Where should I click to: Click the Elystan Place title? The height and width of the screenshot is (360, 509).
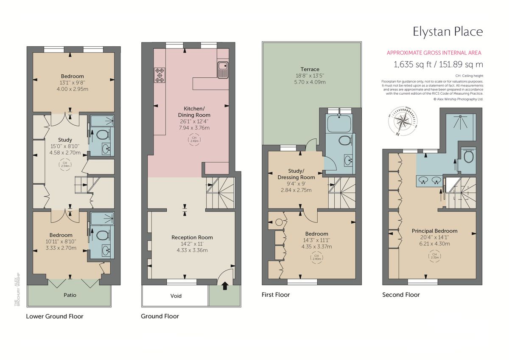pyautogui.click(x=448, y=31)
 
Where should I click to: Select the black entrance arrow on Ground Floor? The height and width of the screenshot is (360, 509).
pyautogui.click(x=224, y=287)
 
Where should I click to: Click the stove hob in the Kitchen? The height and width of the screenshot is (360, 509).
pyautogui.click(x=160, y=75)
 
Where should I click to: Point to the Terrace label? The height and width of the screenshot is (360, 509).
pyautogui.click(x=310, y=69)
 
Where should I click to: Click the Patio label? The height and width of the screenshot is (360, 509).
pyautogui.click(x=70, y=295)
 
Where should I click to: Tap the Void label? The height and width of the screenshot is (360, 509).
pyautogui.click(x=176, y=296)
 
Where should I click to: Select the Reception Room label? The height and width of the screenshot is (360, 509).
pyautogui.click(x=192, y=237)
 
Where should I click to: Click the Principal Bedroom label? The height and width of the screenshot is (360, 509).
pyautogui.click(x=434, y=231)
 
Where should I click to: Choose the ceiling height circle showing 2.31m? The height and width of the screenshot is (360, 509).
pyautogui.click(x=434, y=256)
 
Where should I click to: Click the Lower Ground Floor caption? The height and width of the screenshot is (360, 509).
pyautogui.click(x=55, y=316)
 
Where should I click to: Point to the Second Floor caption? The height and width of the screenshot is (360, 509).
pyautogui.click(x=401, y=295)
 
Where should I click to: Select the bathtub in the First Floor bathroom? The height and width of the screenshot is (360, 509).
pyautogui.click(x=339, y=123)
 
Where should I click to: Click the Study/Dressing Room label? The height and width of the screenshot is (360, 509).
pyautogui.click(x=296, y=174)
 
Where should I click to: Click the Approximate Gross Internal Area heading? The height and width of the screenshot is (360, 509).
pyautogui.click(x=434, y=53)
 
